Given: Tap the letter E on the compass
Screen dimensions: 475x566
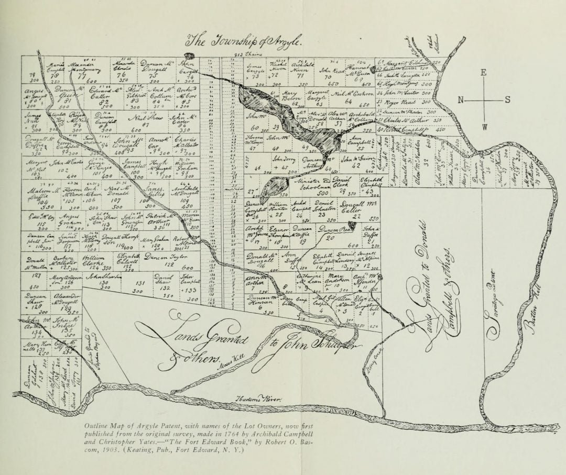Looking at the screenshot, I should pyautogui.click(x=484, y=73).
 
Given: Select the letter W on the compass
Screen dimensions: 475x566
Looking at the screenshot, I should pyautogui.click(x=484, y=127).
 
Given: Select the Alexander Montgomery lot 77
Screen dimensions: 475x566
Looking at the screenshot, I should pyautogui.click(x=81, y=69).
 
